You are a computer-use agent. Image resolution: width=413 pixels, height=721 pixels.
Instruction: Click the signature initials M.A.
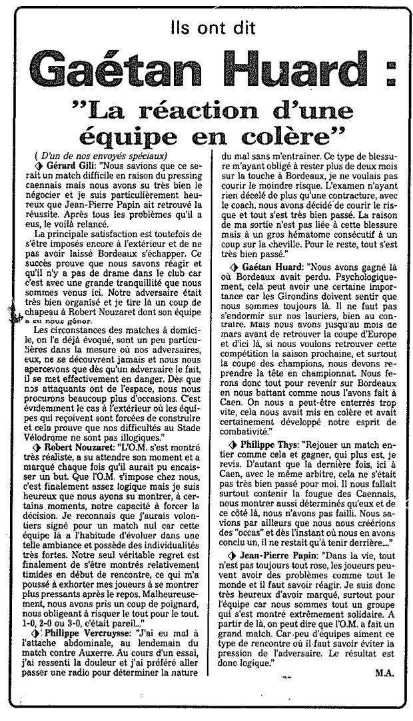(384, 691)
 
